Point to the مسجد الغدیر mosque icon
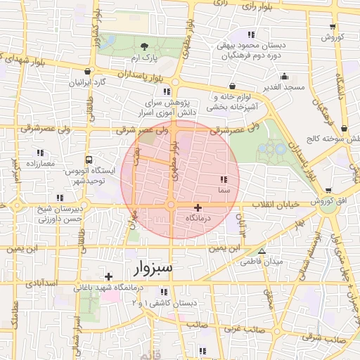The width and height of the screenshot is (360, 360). tap(284, 77)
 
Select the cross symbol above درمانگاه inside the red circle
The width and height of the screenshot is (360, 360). tap(198, 207)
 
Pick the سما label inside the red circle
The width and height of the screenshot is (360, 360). tap(223, 191)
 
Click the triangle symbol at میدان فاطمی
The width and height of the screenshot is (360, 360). tap(262, 251)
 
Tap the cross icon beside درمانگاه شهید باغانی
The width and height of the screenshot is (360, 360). tap(108, 276)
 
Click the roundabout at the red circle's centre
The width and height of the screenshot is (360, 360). tap(171, 205)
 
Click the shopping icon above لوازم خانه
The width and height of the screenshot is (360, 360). tap(231, 86)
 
